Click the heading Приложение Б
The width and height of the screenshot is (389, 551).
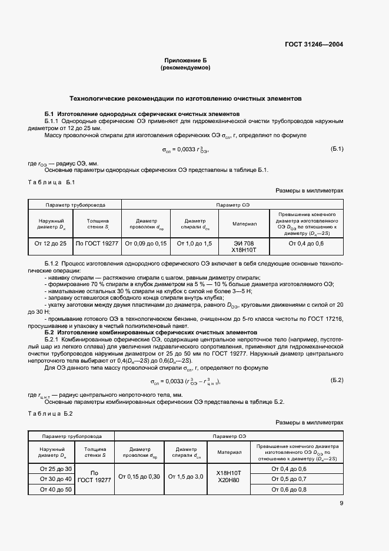tap(185, 61)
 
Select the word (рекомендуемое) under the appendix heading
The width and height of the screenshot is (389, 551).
tap(185, 68)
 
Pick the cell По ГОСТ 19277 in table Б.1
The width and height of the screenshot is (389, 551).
tap(97, 243)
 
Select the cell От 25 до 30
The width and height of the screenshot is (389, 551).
tap(56, 469)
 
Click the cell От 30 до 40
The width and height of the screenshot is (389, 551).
tap(56, 479)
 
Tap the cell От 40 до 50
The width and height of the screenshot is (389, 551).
tap(56, 489)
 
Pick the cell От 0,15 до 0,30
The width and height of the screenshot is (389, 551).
tap(139, 476)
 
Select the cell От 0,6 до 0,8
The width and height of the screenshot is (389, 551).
tap(297, 489)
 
